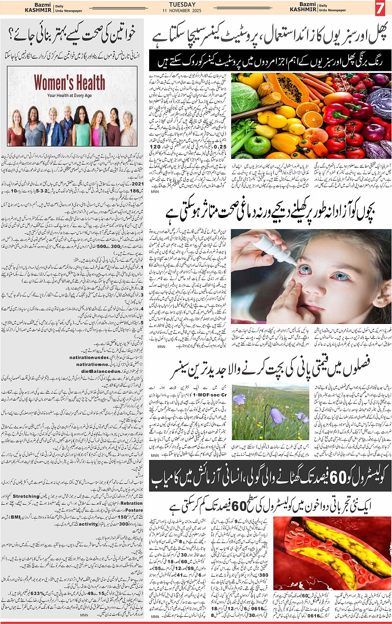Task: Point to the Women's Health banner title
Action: pyautogui.click(x=63, y=83)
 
